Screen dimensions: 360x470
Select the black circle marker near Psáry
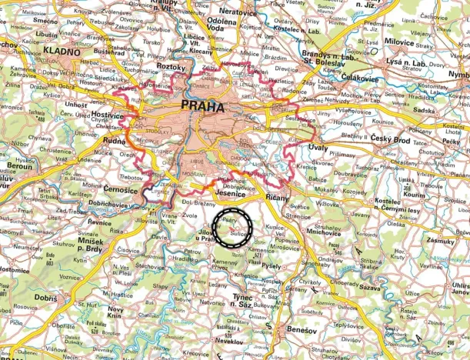(233, 226)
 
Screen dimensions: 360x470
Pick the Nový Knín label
(115, 314)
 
